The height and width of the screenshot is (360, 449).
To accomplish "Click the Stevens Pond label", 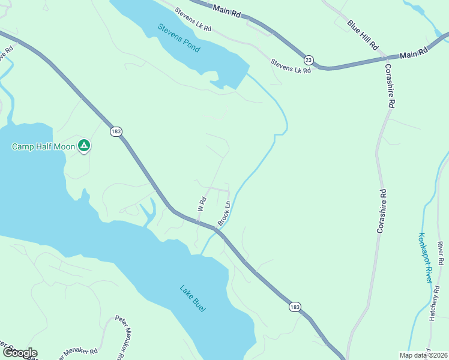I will tap(179, 37).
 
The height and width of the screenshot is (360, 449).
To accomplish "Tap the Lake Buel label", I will tap(193, 298).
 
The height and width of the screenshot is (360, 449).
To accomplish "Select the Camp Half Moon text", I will tap(44, 146).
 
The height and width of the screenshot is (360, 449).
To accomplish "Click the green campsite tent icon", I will tap(85, 146).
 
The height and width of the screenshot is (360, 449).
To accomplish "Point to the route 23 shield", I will tap(309, 60).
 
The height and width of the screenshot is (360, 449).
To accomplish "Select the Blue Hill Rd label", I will tap(363, 34).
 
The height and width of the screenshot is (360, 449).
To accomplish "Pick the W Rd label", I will tap(202, 203).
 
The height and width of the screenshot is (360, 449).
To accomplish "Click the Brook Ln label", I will tap(224, 213).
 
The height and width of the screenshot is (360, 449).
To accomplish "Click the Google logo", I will tap(19, 353).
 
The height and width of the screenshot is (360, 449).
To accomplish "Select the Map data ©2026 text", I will tap(423, 355).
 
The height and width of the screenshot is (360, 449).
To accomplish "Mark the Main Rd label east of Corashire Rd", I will tap(413, 53).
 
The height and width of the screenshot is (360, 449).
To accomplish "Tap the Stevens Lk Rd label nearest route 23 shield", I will tap(291, 66).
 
